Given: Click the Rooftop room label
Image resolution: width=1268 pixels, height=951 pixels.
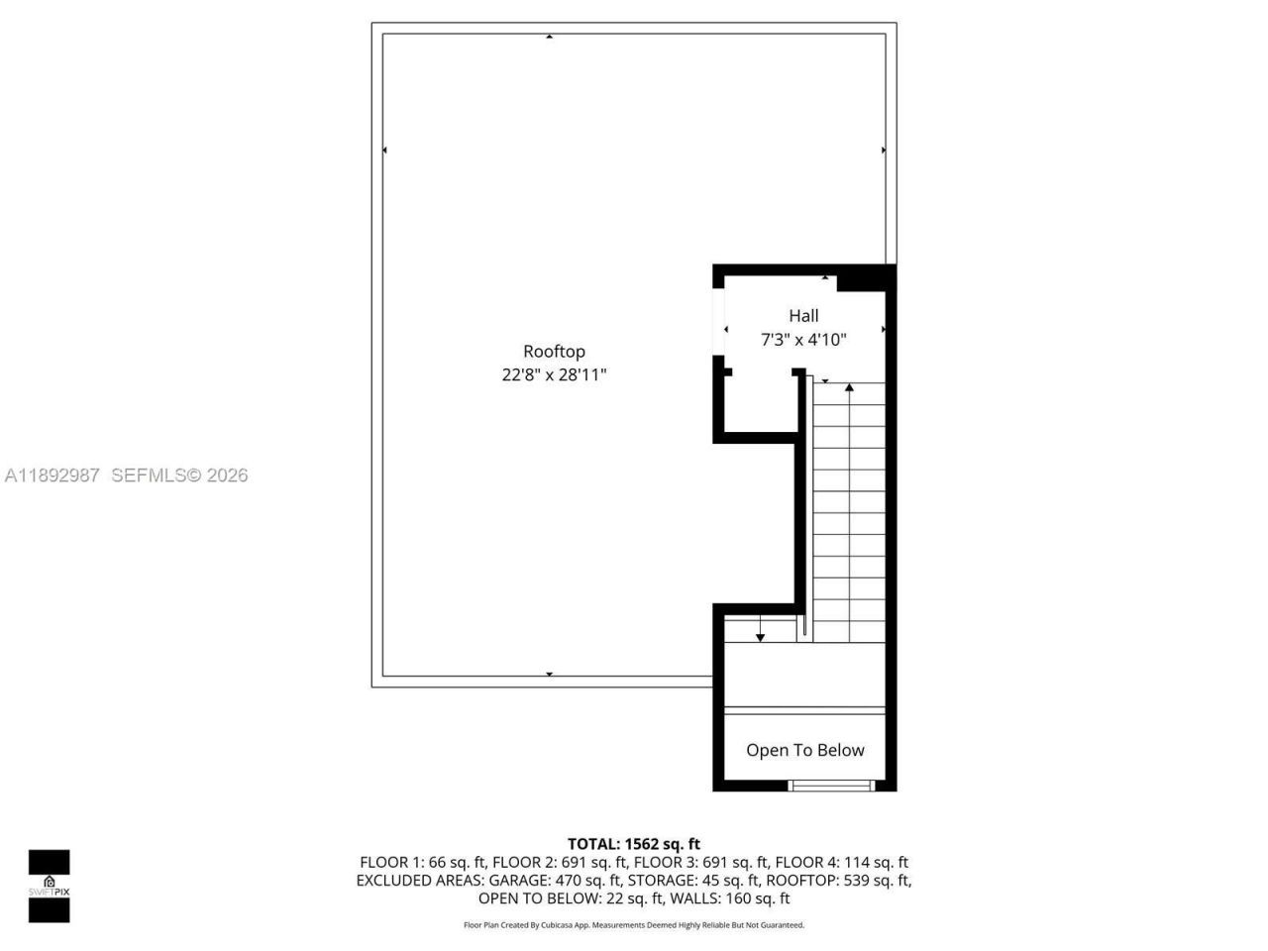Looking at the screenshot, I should click(554, 352).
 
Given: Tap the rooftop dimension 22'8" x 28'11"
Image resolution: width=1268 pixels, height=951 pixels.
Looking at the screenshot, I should click(554, 375).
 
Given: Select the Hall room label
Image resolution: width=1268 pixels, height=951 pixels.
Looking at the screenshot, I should click(803, 316).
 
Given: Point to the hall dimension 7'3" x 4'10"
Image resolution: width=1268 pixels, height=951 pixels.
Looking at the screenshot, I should click(803, 340).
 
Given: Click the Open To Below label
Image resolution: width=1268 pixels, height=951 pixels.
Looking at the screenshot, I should click(804, 750).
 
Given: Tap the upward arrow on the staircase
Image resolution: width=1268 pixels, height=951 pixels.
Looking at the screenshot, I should click(849, 388).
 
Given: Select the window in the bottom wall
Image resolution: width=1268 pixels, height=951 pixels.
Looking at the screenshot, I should click(832, 786).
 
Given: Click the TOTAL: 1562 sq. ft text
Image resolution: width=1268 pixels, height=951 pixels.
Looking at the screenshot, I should click(634, 844).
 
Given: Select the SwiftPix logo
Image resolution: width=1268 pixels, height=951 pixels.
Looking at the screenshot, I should click(49, 886).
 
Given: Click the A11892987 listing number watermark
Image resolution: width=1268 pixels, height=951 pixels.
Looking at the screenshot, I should click(53, 475).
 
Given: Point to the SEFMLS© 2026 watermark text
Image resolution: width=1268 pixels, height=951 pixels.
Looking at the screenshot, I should click(179, 475).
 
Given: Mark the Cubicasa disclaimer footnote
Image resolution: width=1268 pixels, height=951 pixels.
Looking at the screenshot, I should click(634, 925).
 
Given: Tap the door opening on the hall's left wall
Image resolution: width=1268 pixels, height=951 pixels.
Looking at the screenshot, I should click(718, 329).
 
